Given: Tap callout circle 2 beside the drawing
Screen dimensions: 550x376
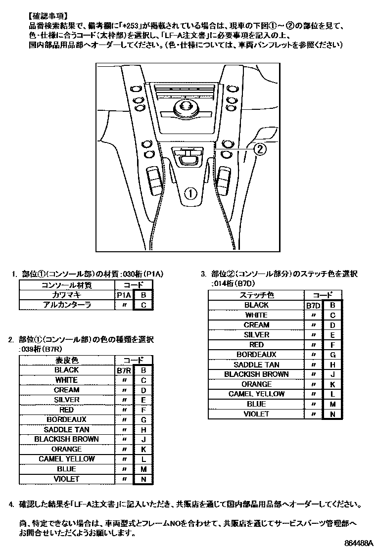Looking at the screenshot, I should click(261, 149).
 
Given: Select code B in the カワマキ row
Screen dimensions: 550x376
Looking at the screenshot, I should click(143, 295).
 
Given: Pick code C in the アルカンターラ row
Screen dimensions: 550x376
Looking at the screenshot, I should click(143, 305).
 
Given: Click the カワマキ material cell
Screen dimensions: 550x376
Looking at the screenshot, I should click(66, 295).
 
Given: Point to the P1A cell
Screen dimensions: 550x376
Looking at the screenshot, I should click(124, 295).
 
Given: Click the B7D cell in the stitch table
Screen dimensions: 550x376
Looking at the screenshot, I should click(313, 305).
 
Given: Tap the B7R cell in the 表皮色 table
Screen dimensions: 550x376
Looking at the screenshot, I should click(124, 370).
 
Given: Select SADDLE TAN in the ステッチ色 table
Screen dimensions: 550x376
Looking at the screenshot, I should click(256, 365).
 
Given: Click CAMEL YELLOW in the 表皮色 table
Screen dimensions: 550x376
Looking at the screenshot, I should click(66, 459).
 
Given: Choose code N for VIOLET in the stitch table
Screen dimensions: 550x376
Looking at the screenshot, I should click(332, 414).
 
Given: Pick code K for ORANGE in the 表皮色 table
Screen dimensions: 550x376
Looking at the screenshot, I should click(143, 449).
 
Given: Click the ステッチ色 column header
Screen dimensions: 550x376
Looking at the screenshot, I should click(256, 295).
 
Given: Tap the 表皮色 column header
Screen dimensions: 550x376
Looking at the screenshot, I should click(66, 360).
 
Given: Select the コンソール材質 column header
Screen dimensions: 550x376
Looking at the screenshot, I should click(66, 285).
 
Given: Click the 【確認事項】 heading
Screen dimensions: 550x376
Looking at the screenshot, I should click(48, 15).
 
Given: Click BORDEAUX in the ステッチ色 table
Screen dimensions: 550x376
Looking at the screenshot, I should click(256, 355).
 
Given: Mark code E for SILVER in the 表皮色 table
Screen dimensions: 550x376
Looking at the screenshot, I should click(143, 400).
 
